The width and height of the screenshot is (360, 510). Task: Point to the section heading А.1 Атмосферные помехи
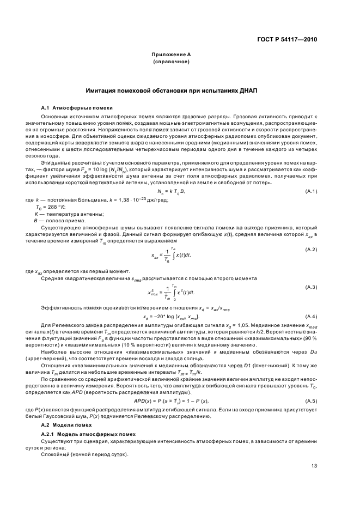click(x=77, y=108)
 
